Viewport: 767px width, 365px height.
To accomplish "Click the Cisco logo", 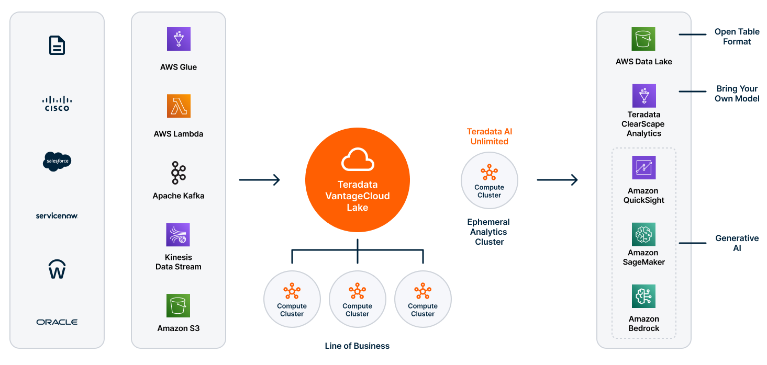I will (x=57, y=103).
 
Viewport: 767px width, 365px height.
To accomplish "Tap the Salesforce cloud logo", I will (x=57, y=162).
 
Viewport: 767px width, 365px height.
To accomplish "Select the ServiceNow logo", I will (x=57, y=215).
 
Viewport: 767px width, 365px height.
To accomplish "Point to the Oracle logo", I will (x=57, y=322).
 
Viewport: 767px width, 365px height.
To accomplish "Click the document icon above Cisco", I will (x=57, y=45).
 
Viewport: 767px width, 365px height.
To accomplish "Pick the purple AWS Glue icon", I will (x=179, y=39).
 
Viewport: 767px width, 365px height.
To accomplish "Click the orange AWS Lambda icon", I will (x=179, y=106).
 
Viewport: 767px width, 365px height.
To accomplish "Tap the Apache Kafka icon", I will (x=179, y=173).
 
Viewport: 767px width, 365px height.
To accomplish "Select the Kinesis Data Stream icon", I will (x=179, y=235).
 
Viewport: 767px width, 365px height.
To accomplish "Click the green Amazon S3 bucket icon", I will (x=179, y=306).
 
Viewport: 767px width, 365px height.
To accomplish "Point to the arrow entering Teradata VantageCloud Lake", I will (x=260, y=180).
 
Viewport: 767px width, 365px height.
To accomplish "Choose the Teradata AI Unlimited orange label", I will (x=489, y=136).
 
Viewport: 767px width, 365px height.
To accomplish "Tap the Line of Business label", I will (x=357, y=346).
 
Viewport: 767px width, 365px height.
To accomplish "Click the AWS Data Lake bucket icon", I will (x=643, y=39).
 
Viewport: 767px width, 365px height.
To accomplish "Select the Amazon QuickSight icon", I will (x=643, y=167).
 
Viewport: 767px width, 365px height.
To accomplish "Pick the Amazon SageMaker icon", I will (x=643, y=235).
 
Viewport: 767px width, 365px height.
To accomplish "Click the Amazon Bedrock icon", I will (x=643, y=296).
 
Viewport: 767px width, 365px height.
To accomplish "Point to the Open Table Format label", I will (x=737, y=37).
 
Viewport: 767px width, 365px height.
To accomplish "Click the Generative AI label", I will (x=737, y=243).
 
